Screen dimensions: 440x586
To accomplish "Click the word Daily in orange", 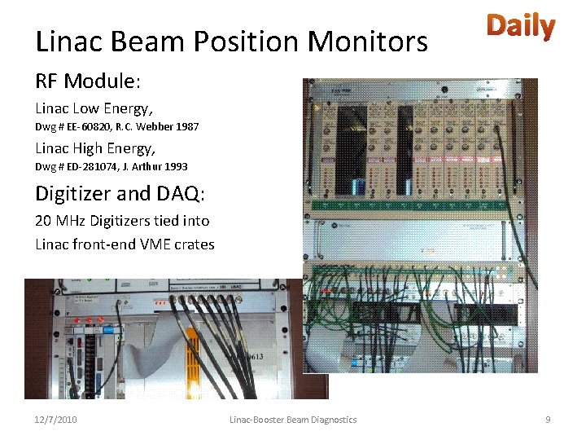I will [x=521, y=28].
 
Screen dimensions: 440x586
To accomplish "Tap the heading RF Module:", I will [x=88, y=81].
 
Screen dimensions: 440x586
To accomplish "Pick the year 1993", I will [x=175, y=166].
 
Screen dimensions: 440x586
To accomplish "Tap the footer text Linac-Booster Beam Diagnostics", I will [x=293, y=420].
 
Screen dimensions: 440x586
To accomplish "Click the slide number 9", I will [x=548, y=420].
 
